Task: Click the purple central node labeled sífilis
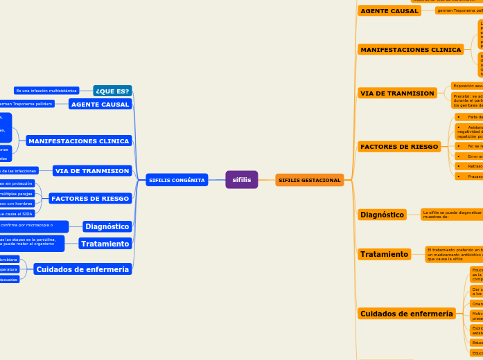(241, 180)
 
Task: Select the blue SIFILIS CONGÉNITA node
(177, 180)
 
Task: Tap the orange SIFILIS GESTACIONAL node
(309, 180)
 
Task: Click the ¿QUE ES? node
(112, 91)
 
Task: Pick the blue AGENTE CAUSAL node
(100, 104)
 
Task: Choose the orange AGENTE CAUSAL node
(389, 11)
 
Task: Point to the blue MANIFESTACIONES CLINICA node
(78, 141)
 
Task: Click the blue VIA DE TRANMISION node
(92, 170)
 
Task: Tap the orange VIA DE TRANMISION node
(396, 93)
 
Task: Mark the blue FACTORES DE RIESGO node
(89, 199)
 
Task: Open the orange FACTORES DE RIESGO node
(400, 147)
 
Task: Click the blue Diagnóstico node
(107, 226)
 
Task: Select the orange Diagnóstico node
(382, 215)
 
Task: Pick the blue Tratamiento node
(105, 244)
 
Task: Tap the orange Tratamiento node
(384, 255)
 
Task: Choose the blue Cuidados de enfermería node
(82, 269)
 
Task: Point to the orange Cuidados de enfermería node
(406, 314)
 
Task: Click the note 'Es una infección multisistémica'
(46, 91)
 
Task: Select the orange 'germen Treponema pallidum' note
(459, 11)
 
